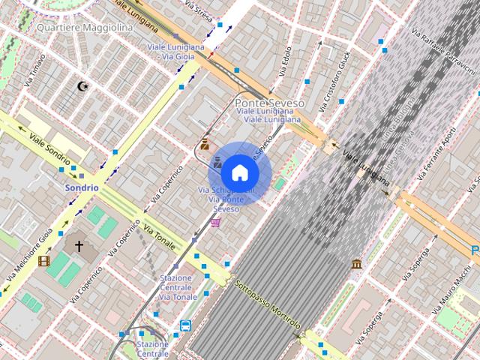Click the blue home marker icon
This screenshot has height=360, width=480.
click(238, 172)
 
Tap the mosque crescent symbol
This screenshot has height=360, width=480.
click(83, 87)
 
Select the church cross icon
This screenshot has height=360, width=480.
click(79, 245)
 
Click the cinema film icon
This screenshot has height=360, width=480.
click(43, 261)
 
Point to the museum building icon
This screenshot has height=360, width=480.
click(356, 264)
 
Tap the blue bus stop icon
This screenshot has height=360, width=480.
click(184, 325)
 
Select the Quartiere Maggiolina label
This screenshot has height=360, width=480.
click(84, 28)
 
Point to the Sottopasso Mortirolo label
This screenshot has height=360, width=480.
click(267, 304)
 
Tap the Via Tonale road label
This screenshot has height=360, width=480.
click(160, 235)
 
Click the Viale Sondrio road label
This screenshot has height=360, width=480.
click(47, 146)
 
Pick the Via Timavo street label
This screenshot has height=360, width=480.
click(34, 70)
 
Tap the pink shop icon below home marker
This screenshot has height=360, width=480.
click(216, 222)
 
